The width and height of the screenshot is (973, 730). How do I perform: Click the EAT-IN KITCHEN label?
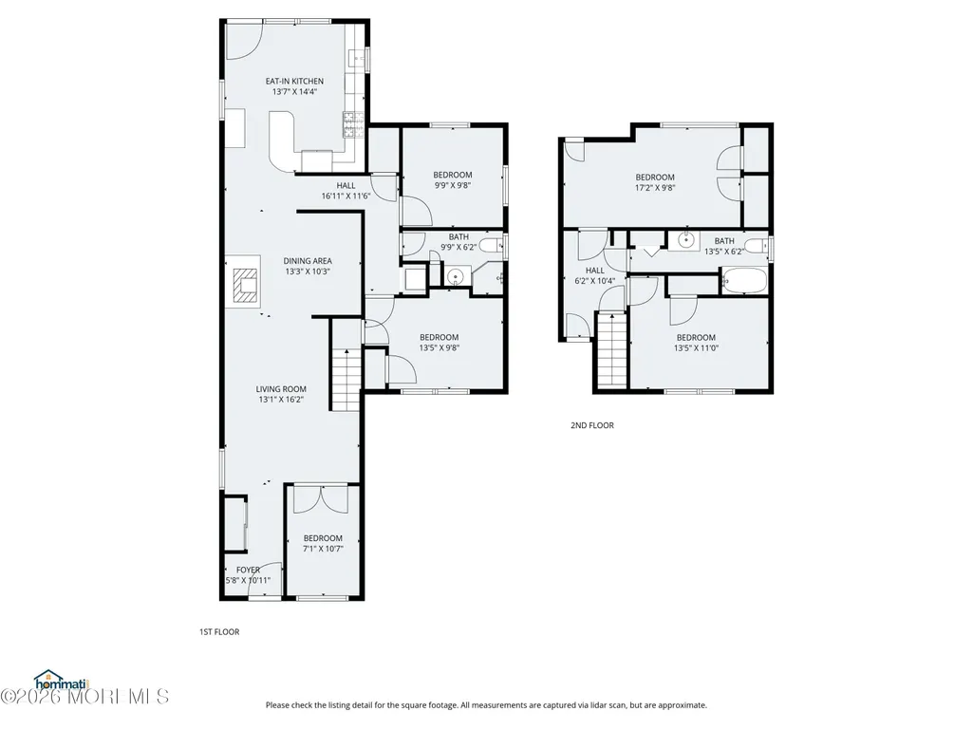(294, 81)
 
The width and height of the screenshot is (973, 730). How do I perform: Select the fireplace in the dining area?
(246, 286)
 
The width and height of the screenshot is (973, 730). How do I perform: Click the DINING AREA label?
(308, 261)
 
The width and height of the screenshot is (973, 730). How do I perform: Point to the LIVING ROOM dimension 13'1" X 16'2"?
(281, 400)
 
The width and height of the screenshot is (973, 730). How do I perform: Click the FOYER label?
(248, 570)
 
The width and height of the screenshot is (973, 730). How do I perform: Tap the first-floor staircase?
(346, 380)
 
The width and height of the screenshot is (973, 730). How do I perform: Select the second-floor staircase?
(612, 350)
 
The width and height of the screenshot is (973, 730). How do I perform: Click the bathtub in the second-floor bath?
(744, 280)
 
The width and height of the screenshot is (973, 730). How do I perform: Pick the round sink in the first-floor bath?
(456, 275)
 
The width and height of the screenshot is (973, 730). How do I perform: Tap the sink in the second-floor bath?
(685, 239)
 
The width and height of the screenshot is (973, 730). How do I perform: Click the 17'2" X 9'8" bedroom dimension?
(655, 187)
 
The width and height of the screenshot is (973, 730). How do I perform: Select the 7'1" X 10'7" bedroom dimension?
(323, 549)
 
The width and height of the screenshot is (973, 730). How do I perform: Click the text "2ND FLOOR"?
(592, 425)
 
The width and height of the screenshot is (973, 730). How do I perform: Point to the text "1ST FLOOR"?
(219, 632)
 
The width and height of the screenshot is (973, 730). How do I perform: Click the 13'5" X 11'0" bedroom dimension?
(696, 348)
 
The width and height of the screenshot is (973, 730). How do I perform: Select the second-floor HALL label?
(594, 270)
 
